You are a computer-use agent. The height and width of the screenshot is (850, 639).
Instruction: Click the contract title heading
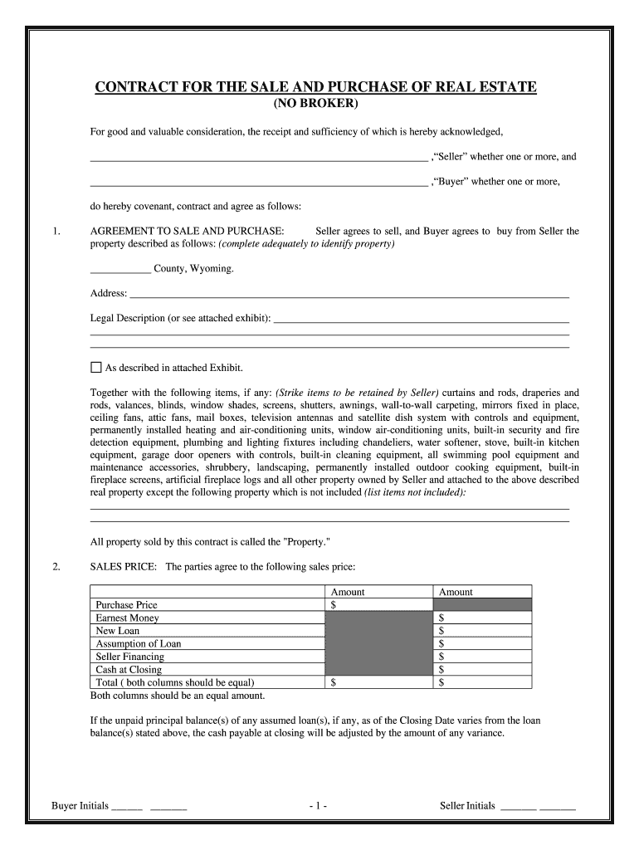point(315,87)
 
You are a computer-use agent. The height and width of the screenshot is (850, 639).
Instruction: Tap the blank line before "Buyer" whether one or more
point(257,183)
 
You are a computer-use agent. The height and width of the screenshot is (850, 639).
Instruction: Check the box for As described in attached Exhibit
point(95,368)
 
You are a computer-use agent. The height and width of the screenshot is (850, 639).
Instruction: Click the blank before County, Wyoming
point(120,270)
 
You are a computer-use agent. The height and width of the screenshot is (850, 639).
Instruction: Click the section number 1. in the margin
point(56,232)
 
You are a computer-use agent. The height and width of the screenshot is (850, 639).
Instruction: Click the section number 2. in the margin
point(56,567)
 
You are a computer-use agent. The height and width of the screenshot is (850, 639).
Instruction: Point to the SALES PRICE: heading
point(124,567)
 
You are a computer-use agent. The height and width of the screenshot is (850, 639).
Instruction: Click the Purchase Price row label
point(126,605)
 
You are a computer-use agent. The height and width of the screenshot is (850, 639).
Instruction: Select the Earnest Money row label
point(127,618)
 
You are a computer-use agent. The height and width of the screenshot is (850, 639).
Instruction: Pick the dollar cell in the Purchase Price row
point(378,605)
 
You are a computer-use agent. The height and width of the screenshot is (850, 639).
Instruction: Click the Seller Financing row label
point(129,657)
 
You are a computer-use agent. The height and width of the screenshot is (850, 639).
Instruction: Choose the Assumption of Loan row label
point(138,644)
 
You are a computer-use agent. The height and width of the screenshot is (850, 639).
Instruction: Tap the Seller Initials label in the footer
point(467,805)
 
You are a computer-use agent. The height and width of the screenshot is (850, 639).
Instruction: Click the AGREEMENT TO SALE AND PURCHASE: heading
point(188,232)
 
